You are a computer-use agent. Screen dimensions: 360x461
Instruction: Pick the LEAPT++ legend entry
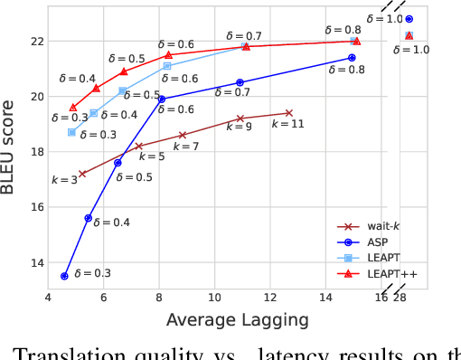point(384,271)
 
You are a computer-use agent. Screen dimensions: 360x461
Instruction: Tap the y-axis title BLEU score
point(14,148)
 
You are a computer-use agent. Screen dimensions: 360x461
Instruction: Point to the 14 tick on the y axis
point(36,263)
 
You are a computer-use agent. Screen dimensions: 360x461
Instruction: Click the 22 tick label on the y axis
point(36,42)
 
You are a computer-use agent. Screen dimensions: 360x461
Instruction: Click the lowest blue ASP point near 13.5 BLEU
point(64,276)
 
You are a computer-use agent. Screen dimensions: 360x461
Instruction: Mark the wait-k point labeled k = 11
point(289,113)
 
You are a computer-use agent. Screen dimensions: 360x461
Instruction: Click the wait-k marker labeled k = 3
point(82,174)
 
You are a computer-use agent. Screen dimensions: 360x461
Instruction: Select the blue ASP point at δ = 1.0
point(409,19)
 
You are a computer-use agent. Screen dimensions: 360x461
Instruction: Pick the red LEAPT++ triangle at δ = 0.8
point(356,41)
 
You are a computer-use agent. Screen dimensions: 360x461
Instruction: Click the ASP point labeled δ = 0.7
point(240,82)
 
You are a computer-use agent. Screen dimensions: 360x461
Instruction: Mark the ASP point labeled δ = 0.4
point(88,218)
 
